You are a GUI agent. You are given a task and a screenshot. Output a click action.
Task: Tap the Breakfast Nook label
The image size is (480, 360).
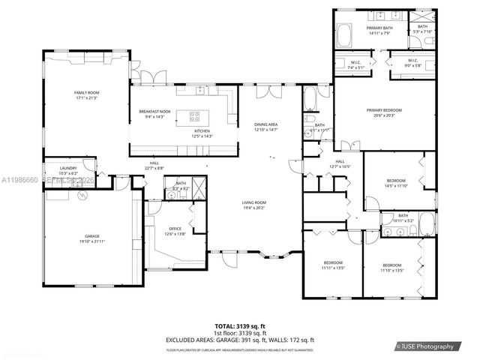pyautogui.click(x=154, y=114)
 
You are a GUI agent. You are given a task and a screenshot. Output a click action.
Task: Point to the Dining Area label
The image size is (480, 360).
pyautogui.click(x=266, y=127)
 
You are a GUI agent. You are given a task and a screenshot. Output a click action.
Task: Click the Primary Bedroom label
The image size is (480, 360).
pyautogui.click(x=385, y=113)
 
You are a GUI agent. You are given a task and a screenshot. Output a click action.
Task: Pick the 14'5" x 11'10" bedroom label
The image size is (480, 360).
pyautogui.click(x=397, y=183)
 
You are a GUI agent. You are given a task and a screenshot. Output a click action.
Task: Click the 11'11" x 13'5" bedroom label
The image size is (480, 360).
pyautogui.click(x=331, y=265)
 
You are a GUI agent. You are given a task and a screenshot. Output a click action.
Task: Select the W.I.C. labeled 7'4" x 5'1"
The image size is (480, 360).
pyautogui.click(x=357, y=64)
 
